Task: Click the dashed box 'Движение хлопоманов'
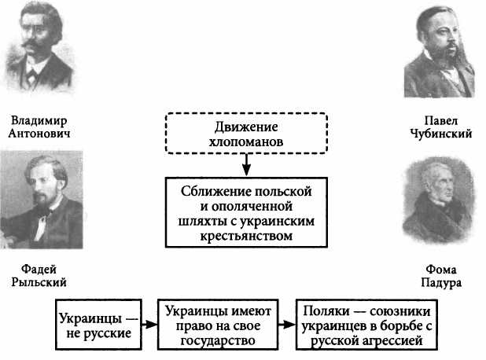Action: pyautogui.click(x=247, y=134)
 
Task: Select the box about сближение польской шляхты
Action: pyautogui.click(x=247, y=212)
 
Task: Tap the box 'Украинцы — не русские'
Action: pyautogui.click(x=97, y=326)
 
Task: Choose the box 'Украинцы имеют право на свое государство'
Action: pyautogui.click(x=219, y=326)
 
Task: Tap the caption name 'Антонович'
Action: pyautogui.click(x=39, y=134)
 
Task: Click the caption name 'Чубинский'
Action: pyautogui.click(x=441, y=134)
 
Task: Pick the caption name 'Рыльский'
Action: pyautogui.click(x=39, y=282)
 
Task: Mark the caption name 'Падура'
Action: pyautogui.click(x=441, y=282)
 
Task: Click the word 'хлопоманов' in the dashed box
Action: pyautogui.click(x=247, y=142)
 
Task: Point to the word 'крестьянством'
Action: pyautogui.click(x=247, y=234)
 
